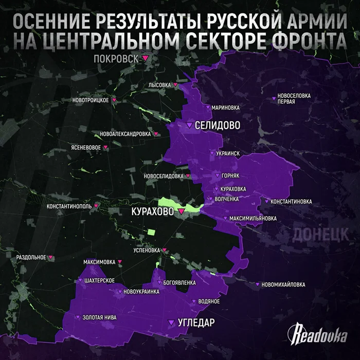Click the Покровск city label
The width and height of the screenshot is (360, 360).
click(x=117, y=59)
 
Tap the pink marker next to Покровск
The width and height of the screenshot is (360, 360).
click(x=146, y=58)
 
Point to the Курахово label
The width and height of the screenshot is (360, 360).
click(x=153, y=211)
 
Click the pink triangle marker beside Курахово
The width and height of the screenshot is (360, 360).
click(x=181, y=211)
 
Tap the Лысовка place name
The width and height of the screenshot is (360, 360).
click(x=159, y=85)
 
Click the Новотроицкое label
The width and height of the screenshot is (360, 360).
click(x=91, y=100)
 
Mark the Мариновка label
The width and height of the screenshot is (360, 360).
click(x=226, y=107)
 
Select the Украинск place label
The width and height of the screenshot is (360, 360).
click(x=228, y=153)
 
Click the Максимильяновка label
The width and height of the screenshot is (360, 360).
click(x=253, y=218)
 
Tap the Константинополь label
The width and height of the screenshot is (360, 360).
click(x=69, y=206)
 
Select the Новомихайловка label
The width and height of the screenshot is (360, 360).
click(x=283, y=284)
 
